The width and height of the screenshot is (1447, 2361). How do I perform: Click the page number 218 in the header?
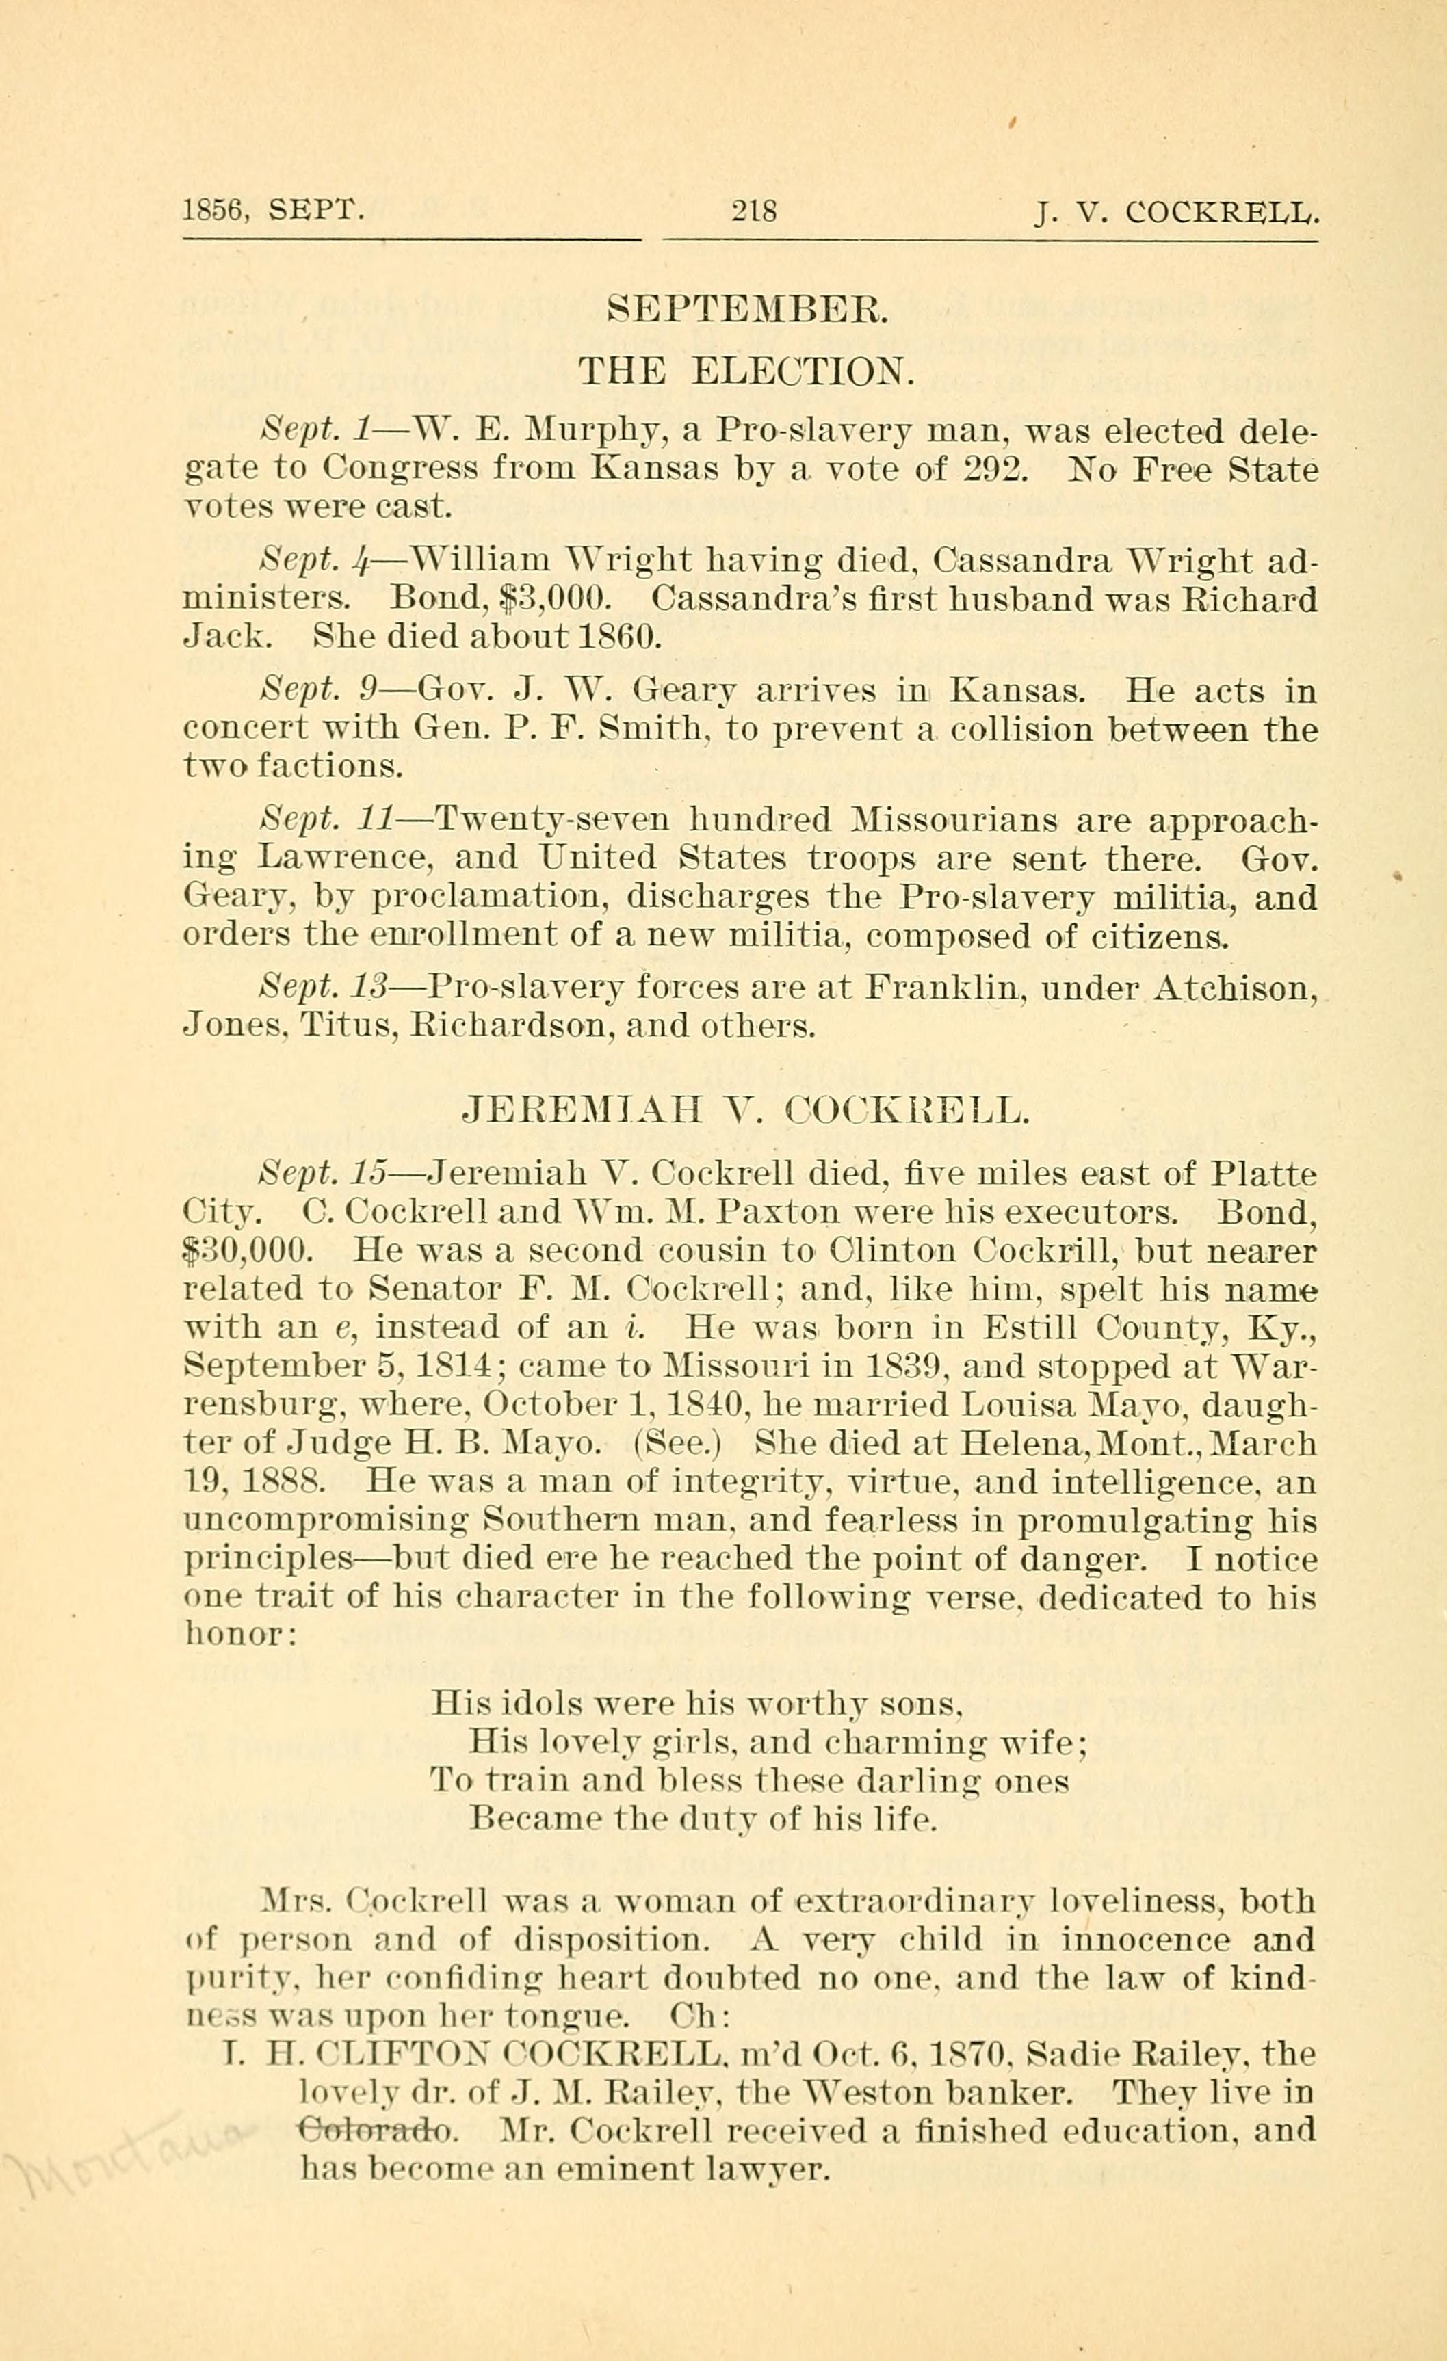click(x=753, y=210)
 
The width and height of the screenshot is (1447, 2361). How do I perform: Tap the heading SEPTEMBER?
click(x=749, y=310)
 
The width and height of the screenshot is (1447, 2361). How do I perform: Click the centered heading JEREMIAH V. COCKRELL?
click(x=746, y=1111)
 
